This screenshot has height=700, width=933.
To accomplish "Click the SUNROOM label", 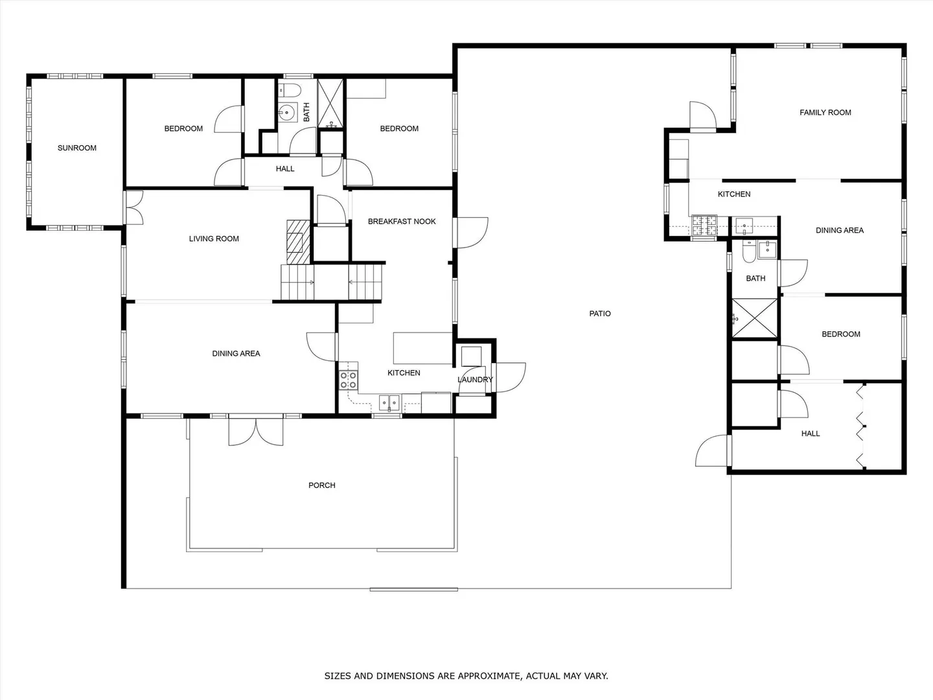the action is [x=77, y=148].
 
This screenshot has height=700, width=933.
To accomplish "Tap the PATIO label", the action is [x=600, y=314].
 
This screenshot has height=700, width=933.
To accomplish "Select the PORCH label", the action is [x=322, y=485].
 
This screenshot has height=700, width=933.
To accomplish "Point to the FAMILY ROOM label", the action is [x=825, y=113].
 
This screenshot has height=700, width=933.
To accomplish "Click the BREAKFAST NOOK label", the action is [x=402, y=222].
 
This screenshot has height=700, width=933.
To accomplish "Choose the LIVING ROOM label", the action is [x=214, y=239].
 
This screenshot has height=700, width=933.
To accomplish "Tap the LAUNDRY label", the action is [x=475, y=380].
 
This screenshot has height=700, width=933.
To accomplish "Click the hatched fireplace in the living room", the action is [x=299, y=242].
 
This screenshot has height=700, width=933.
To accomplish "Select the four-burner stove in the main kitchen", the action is [x=348, y=380].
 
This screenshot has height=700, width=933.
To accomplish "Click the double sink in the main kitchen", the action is [x=389, y=403].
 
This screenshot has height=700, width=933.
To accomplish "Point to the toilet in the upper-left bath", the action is [x=290, y=90].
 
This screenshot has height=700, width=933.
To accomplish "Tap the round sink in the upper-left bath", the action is [x=287, y=113].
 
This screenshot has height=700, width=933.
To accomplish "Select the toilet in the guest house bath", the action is [x=748, y=251].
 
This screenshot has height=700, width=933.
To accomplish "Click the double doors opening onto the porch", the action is [x=256, y=432].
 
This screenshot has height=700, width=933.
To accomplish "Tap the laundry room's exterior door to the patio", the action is [x=510, y=377].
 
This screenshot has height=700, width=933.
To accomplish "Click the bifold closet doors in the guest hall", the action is [x=860, y=426].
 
